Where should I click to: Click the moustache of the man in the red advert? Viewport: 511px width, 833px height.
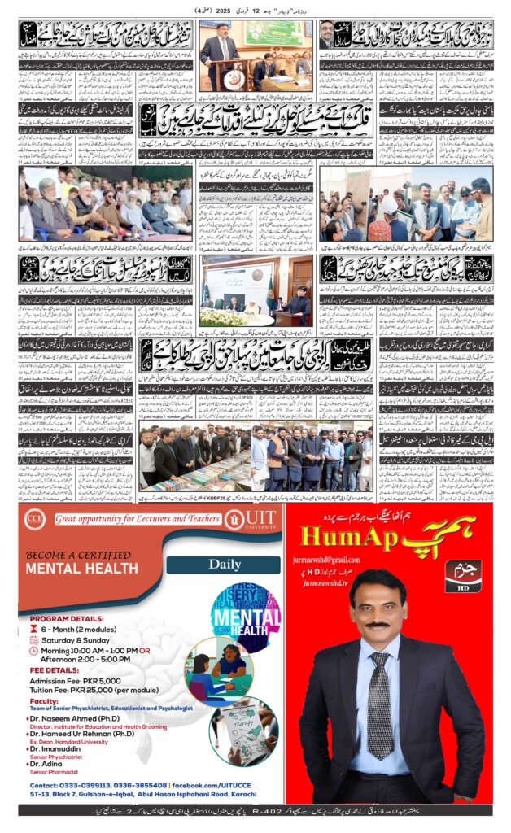point(376,625)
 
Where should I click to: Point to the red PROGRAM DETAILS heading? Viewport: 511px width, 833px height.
point(64,617)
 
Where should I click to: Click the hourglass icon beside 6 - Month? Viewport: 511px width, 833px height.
point(33,629)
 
